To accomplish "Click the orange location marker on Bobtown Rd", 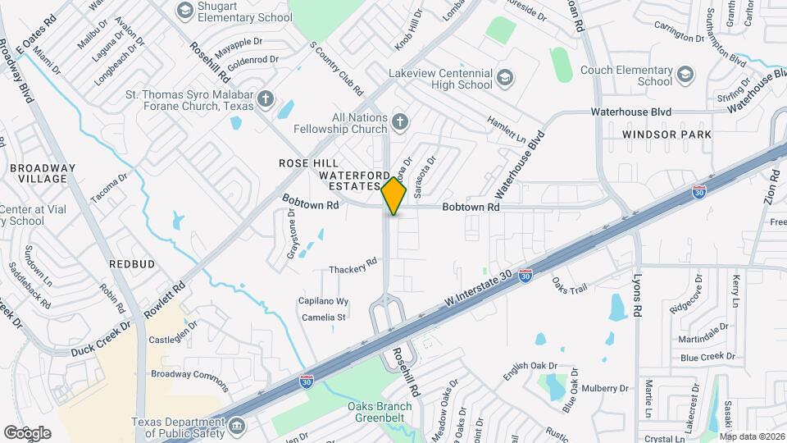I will [394, 196].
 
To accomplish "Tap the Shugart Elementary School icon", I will [184, 10].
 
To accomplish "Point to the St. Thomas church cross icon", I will [264, 98].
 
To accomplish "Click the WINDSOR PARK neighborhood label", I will [666, 134].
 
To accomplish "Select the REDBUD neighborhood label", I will [128, 264].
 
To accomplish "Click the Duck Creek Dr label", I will [100, 337].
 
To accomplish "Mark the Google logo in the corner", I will [27, 432].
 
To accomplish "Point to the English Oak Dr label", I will [530, 371].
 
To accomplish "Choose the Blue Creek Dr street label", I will [707, 357].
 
